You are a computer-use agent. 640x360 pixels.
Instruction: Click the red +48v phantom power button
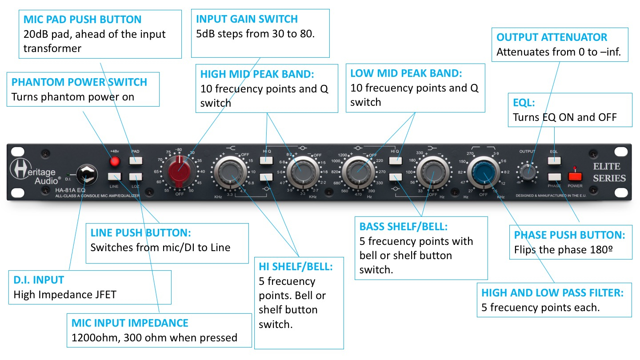pyautogui.click(x=116, y=161)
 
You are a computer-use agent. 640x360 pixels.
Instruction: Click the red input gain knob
pyautogui.click(x=179, y=169)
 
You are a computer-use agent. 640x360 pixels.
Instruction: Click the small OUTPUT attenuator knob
pyautogui.click(x=528, y=172)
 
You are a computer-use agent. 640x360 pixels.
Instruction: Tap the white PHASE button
pyautogui.click(x=554, y=176)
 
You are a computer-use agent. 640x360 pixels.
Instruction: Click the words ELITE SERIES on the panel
pyautogui.click(x=609, y=172)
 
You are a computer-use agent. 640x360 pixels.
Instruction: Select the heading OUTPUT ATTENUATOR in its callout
pyautogui.click(x=552, y=37)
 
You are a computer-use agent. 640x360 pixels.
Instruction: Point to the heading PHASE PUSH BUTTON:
pyautogui.click(x=569, y=235)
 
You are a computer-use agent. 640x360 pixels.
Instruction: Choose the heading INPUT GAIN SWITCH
pyautogui.click(x=247, y=19)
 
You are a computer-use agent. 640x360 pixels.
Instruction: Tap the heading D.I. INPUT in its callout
pyautogui.click(x=39, y=280)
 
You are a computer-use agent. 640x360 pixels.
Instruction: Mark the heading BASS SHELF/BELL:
pyautogui.click(x=404, y=227)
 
